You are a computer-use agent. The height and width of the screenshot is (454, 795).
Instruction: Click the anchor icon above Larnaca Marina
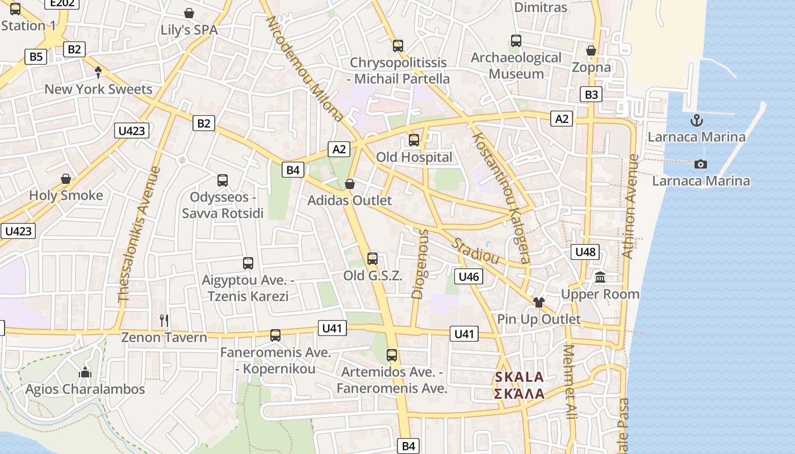tap(696, 120)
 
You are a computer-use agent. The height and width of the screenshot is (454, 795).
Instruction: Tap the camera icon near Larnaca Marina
tap(701, 164)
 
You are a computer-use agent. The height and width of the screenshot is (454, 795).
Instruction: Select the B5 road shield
tap(35, 57)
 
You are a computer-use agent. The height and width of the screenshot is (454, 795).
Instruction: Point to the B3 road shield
tap(591, 94)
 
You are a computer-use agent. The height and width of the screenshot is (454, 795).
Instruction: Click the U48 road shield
tap(585, 252)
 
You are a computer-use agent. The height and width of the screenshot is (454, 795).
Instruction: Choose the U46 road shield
tap(468, 276)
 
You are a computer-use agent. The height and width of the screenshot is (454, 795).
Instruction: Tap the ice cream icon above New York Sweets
tap(98, 72)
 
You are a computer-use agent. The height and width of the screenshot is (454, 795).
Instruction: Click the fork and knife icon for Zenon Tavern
tap(164, 321)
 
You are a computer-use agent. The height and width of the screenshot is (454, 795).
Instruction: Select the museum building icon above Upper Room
tap(600, 278)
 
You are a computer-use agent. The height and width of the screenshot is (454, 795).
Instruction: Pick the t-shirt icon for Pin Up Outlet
tap(538, 302)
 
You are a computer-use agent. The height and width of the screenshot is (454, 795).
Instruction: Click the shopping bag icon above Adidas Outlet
tap(350, 184)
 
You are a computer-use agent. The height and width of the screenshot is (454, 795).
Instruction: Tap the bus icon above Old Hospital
tap(414, 140)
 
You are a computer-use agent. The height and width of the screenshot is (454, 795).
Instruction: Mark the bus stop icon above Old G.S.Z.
tap(373, 259)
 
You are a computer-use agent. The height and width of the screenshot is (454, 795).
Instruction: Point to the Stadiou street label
tap(475, 250)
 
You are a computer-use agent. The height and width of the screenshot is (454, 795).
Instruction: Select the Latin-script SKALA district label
tap(519, 377)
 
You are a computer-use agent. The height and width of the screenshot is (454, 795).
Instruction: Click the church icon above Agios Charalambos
tap(85, 372)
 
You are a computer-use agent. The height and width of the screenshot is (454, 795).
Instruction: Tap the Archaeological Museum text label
tap(516, 66)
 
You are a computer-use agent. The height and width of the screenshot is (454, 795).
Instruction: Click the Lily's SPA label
tap(189, 30)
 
